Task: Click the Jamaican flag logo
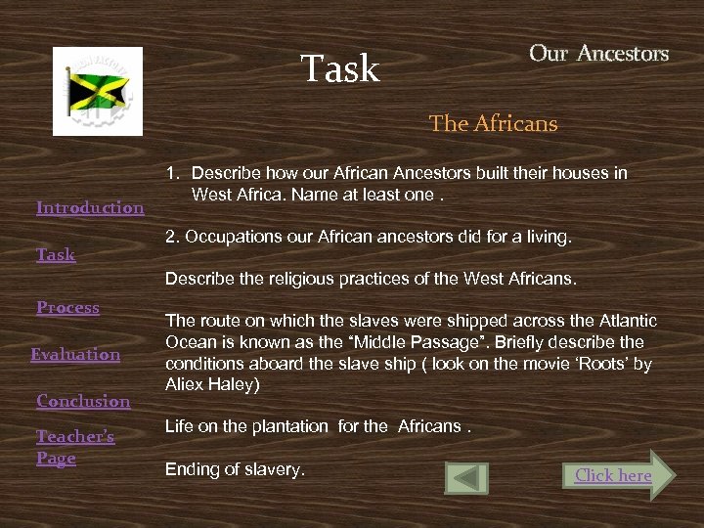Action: click(x=98, y=91)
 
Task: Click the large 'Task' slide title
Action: click(x=339, y=68)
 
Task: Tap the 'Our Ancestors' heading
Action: click(x=598, y=54)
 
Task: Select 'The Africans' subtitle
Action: click(x=493, y=124)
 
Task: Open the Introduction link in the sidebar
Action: click(x=90, y=207)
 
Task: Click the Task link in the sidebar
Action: click(x=56, y=254)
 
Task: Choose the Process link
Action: click(x=67, y=307)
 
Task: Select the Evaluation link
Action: click(x=75, y=354)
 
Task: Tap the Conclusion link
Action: click(x=83, y=401)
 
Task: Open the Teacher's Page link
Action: click(x=75, y=447)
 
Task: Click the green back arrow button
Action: click(x=466, y=477)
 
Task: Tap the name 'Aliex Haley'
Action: click(x=212, y=384)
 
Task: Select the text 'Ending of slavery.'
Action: click(x=235, y=469)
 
